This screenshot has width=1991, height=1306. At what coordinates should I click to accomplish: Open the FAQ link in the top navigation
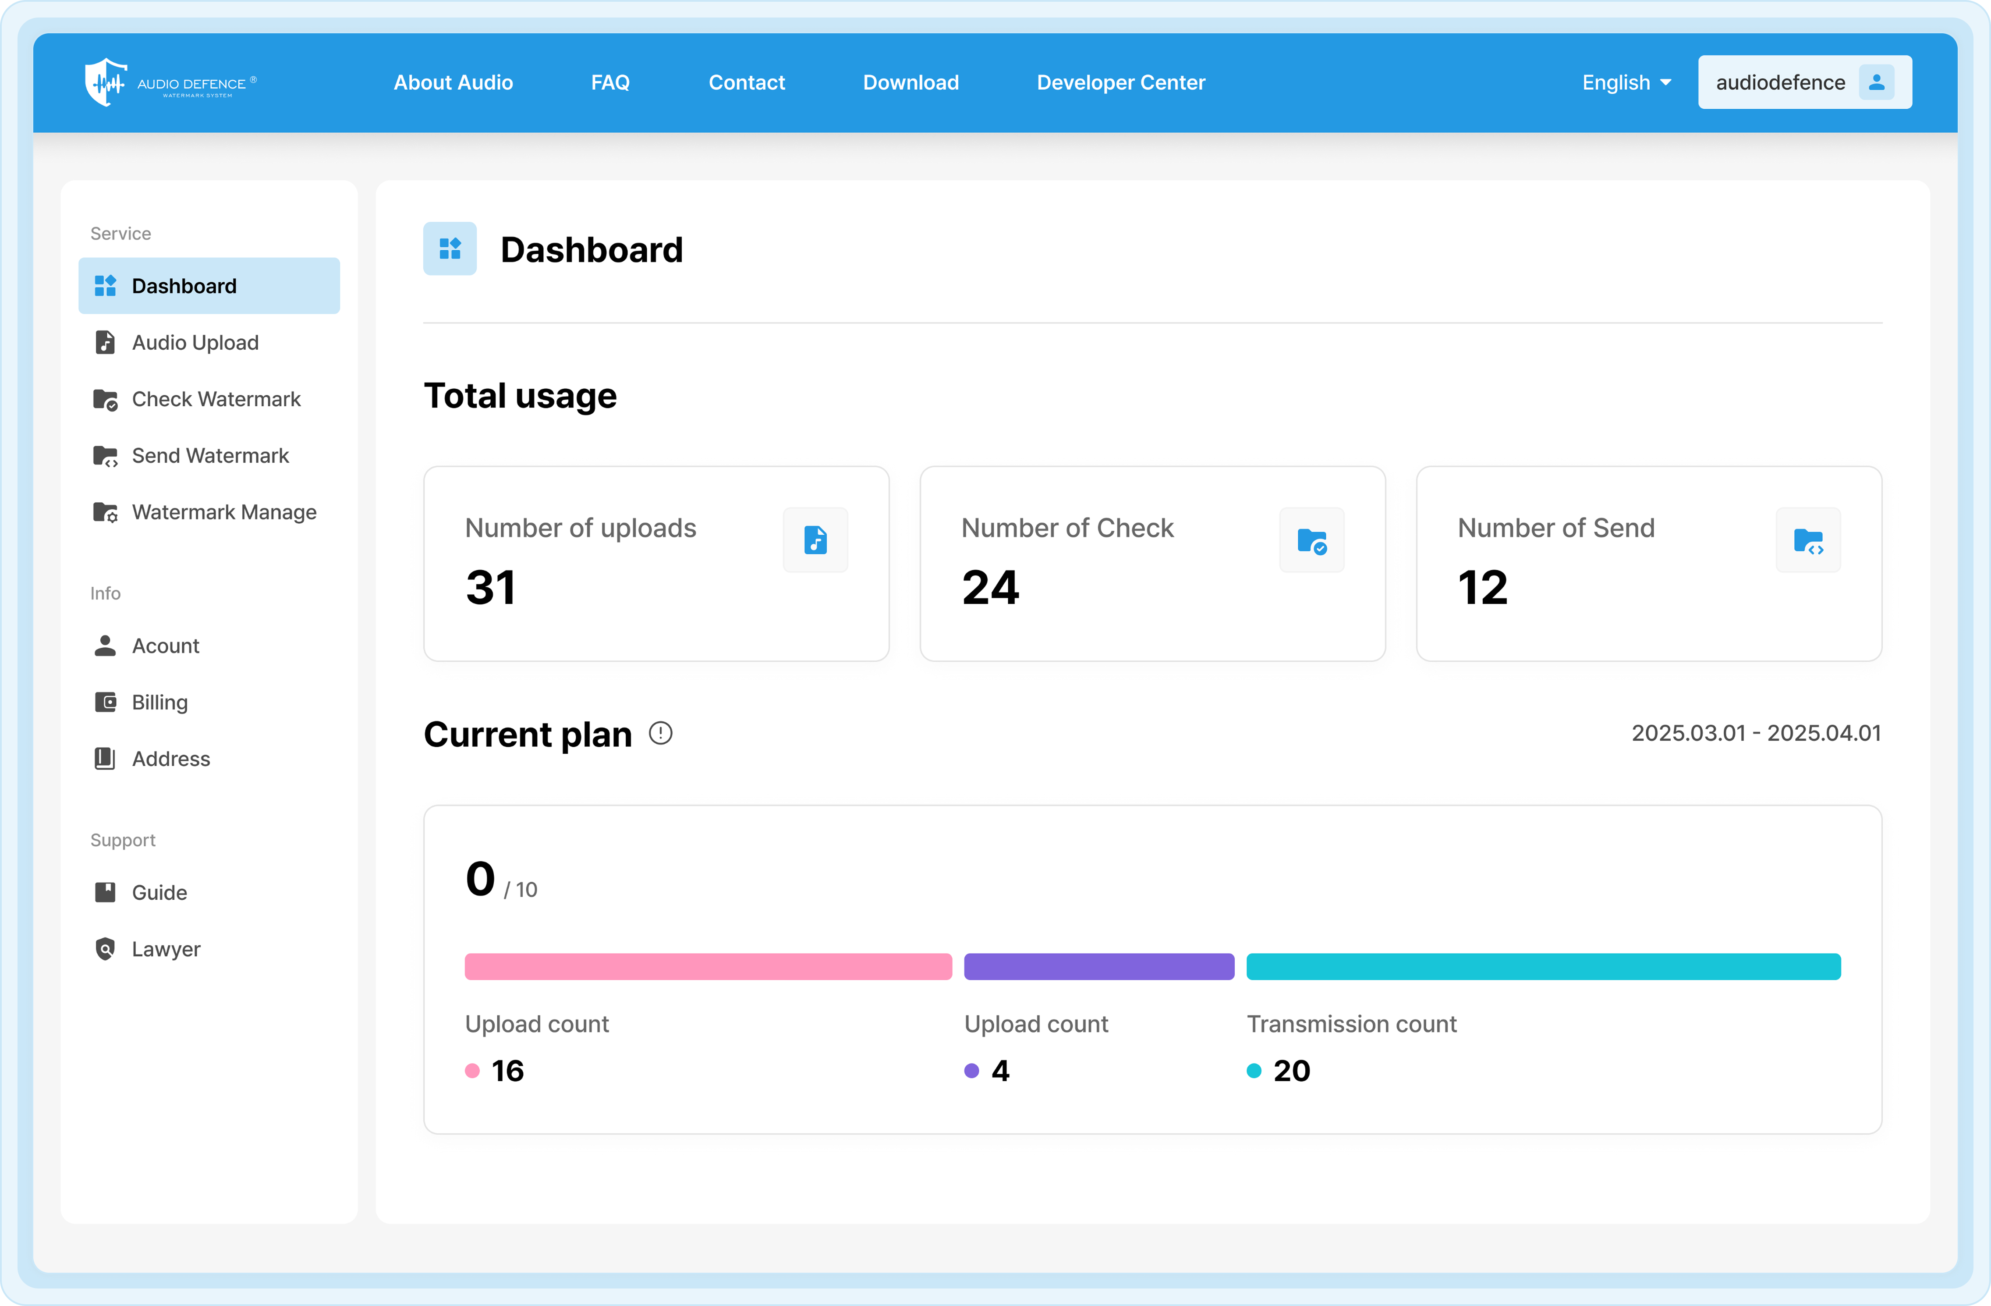[610, 82]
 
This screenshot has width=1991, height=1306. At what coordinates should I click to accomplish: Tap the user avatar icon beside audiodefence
[1876, 82]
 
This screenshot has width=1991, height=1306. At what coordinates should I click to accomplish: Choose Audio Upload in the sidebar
[195, 342]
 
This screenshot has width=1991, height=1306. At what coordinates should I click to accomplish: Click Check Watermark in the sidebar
[216, 399]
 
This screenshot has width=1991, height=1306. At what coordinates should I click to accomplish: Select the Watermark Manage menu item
[223, 512]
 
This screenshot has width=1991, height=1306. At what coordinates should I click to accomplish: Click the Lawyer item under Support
[166, 949]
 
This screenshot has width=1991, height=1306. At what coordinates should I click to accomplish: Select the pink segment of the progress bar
[708, 966]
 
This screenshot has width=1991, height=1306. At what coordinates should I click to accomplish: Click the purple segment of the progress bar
[1098, 966]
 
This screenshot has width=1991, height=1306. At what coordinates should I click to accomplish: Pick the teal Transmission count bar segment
[1543, 966]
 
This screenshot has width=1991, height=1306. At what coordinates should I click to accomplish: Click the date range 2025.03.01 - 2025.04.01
[1755, 733]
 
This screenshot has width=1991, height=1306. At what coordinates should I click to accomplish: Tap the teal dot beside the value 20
[1253, 1071]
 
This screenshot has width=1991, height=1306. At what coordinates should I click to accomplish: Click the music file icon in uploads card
[815, 540]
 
